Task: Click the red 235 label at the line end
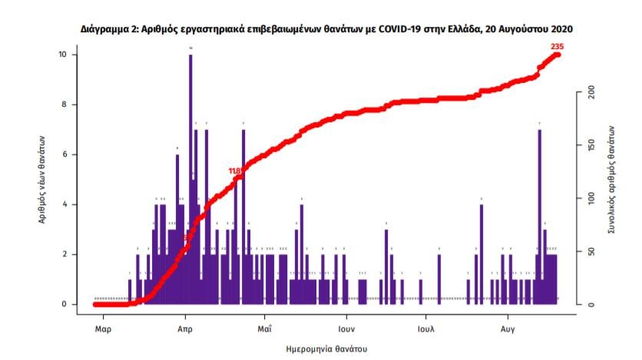(558, 48)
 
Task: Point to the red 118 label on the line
(236, 171)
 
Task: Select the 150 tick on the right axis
(590, 146)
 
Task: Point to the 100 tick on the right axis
(590, 198)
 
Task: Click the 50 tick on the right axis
(590, 251)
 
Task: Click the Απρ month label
(185, 328)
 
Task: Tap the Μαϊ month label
(264, 328)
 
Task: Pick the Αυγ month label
(508, 328)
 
